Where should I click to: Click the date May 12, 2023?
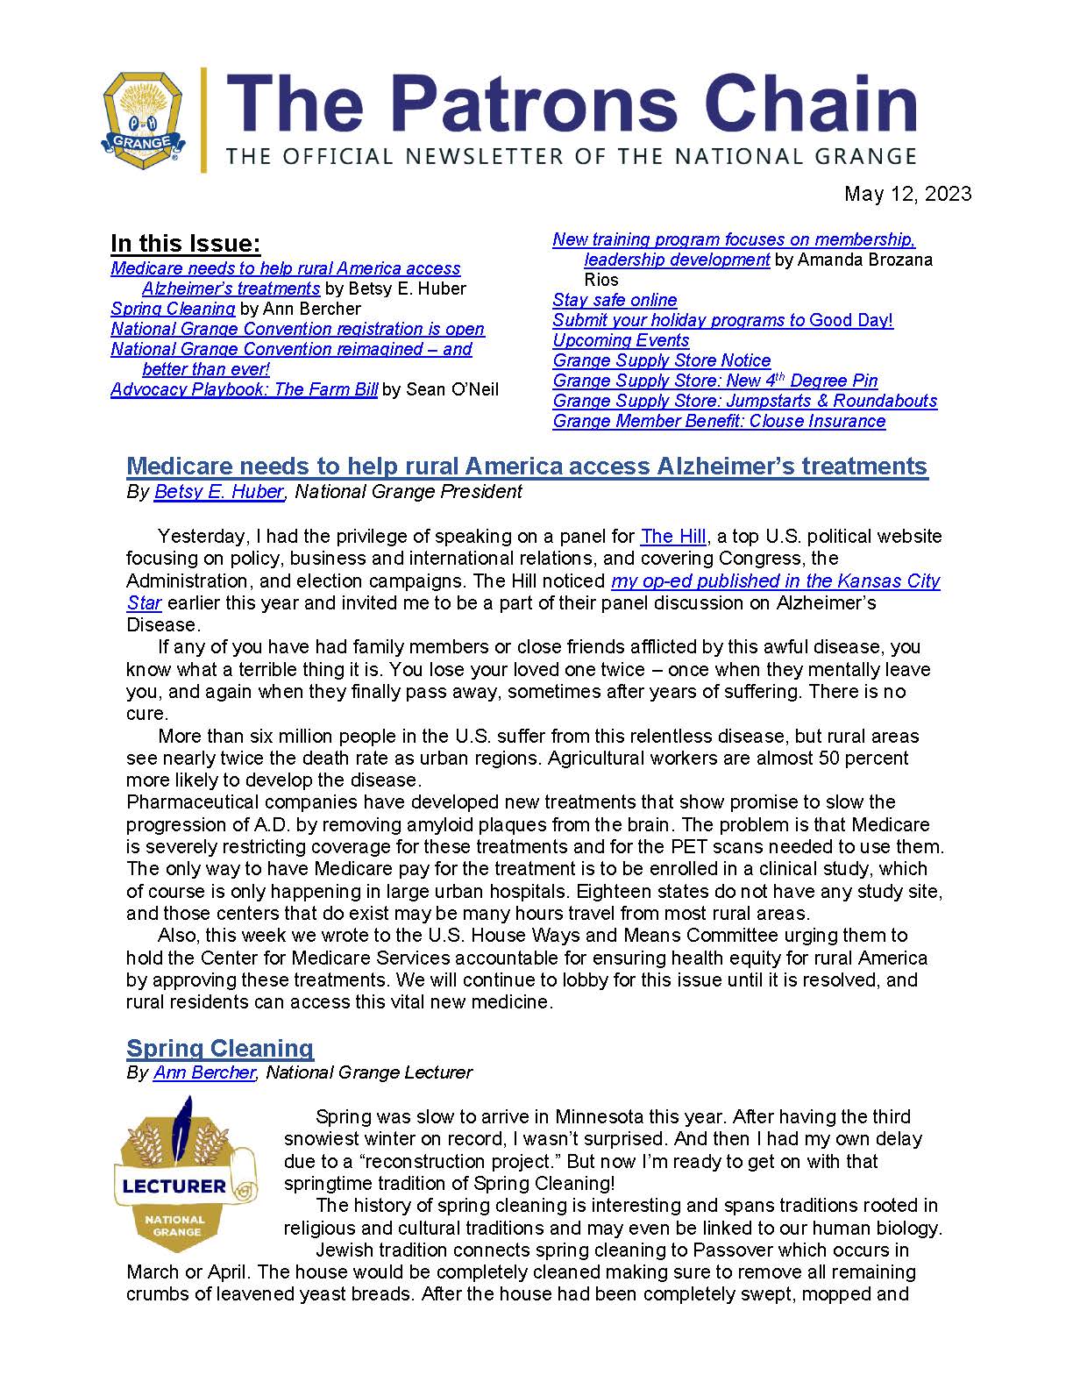pyautogui.click(x=907, y=194)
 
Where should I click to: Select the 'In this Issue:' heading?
pyautogui.click(x=185, y=244)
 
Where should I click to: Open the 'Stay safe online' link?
pyautogui.click(x=615, y=300)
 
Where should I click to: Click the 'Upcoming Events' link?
pyautogui.click(x=621, y=340)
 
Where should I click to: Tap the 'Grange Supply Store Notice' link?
pyautogui.click(x=661, y=360)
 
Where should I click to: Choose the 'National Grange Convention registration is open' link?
pyautogui.click(x=297, y=329)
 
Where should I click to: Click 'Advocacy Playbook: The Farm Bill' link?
pyautogui.click(x=244, y=389)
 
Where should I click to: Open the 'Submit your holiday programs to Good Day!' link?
pyautogui.click(x=722, y=320)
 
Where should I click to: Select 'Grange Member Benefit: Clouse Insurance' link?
pyautogui.click(x=719, y=421)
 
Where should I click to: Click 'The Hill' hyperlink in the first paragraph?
pyautogui.click(x=672, y=536)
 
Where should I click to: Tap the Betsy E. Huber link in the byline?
pyautogui.click(x=218, y=492)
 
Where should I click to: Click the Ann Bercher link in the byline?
pyautogui.click(x=203, y=1072)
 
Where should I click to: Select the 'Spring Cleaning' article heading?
pyautogui.click(x=220, y=1048)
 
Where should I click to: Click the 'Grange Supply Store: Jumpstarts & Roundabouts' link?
pyautogui.click(x=744, y=401)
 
